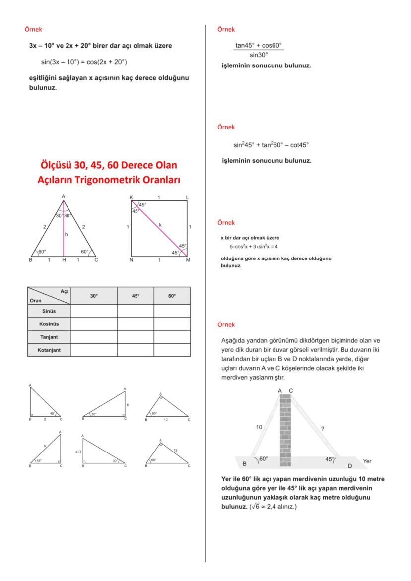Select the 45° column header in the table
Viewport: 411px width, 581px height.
point(136,295)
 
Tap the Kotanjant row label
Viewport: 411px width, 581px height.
point(49,350)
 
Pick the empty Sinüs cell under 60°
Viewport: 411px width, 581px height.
point(172,311)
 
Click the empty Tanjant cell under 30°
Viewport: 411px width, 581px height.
point(94,337)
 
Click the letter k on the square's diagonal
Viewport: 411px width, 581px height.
point(160,225)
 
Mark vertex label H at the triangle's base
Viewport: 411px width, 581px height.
point(63,260)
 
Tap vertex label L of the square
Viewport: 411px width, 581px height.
point(187,197)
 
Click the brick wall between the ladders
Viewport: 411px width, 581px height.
point(285,427)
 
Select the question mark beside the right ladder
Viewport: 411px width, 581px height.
point(323,428)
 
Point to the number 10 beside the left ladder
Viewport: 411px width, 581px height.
point(259,426)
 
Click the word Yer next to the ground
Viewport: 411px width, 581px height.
point(367,461)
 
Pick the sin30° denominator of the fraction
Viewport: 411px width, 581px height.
point(259,55)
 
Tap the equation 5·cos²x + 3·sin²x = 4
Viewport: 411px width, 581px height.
point(253,246)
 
